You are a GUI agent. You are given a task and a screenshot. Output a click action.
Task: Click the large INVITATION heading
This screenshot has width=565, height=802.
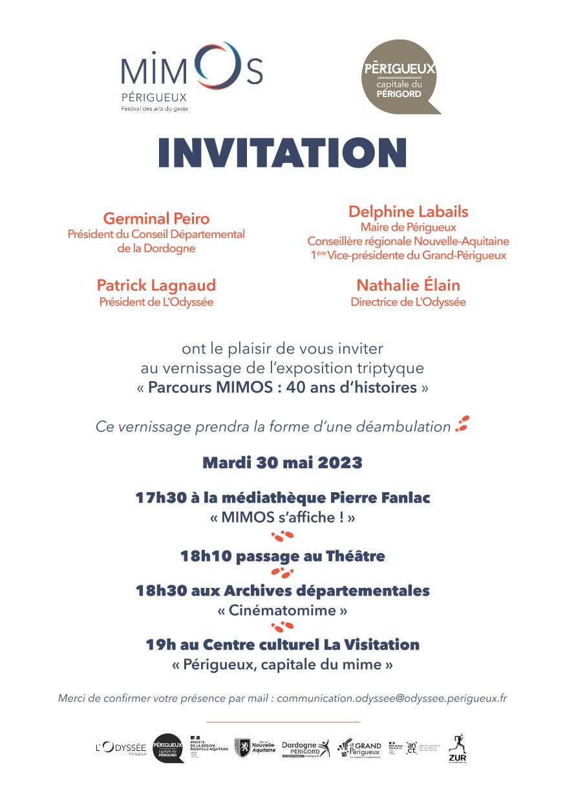pos(282,154)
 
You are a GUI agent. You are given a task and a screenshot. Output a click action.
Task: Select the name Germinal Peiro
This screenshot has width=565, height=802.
pos(156,219)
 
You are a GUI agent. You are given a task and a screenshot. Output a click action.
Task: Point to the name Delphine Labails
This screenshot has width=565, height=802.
pos(408,211)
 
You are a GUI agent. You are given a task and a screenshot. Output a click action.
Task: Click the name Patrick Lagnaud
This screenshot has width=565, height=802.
pos(156,285)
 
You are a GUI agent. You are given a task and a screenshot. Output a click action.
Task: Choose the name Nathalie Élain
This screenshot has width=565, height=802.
pos(408,285)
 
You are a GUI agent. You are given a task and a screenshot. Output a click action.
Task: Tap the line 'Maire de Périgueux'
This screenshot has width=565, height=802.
pos(408,227)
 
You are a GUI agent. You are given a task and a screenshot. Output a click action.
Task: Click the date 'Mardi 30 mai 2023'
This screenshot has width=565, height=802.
pos(282,463)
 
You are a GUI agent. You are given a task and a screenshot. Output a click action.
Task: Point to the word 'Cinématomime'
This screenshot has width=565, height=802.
pos(282,610)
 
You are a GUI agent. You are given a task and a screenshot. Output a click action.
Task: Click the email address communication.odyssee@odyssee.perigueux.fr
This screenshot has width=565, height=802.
pos(392,699)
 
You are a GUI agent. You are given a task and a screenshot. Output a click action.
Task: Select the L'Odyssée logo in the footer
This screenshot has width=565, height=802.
pos(121,748)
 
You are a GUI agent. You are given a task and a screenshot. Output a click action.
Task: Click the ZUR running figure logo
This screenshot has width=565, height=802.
pos(457,748)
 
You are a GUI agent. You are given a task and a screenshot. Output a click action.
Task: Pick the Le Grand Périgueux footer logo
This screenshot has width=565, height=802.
pos(360,748)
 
